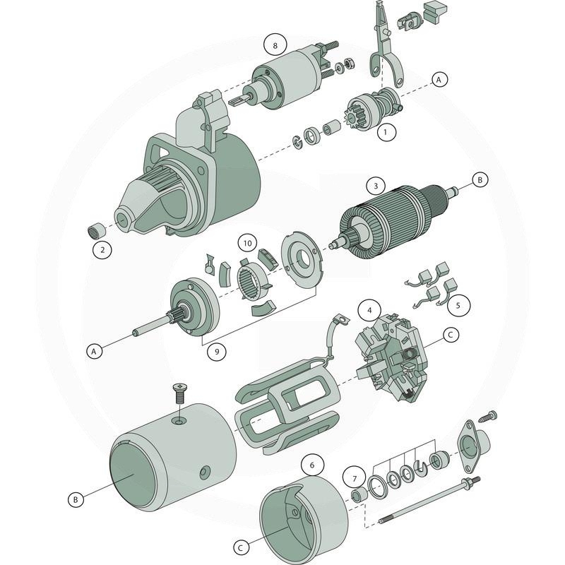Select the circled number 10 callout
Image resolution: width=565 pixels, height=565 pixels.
click(x=246, y=244)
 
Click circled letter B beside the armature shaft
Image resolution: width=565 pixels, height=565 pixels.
click(x=479, y=181)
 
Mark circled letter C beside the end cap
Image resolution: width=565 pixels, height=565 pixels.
click(x=240, y=547)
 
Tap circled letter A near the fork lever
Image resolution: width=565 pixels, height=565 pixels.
click(x=439, y=80)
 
